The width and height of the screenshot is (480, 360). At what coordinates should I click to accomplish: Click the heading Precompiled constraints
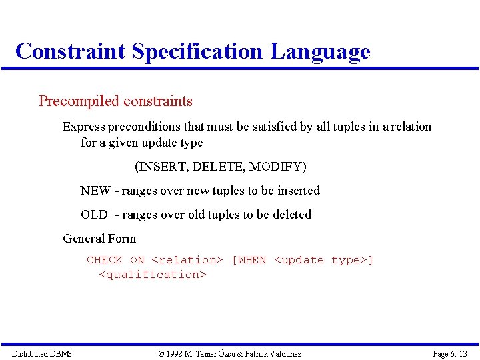[115, 101]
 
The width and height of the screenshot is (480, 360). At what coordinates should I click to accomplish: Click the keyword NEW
[95, 191]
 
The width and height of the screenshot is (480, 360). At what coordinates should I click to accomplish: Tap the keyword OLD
[94, 215]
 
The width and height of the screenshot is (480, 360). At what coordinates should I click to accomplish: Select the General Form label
[99, 239]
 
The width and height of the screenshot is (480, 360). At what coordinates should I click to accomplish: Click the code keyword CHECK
[105, 260]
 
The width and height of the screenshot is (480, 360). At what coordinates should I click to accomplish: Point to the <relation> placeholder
[187, 260]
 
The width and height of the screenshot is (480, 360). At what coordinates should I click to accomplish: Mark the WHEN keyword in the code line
[251, 260]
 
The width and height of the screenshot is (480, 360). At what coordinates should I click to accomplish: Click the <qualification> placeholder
[153, 275]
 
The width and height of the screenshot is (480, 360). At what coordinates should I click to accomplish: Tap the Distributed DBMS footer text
[41, 353]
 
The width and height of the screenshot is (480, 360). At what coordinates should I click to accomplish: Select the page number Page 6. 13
[450, 353]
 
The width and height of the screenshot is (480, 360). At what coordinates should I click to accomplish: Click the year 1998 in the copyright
[176, 353]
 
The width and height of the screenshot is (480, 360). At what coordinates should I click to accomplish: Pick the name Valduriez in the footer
[283, 353]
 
